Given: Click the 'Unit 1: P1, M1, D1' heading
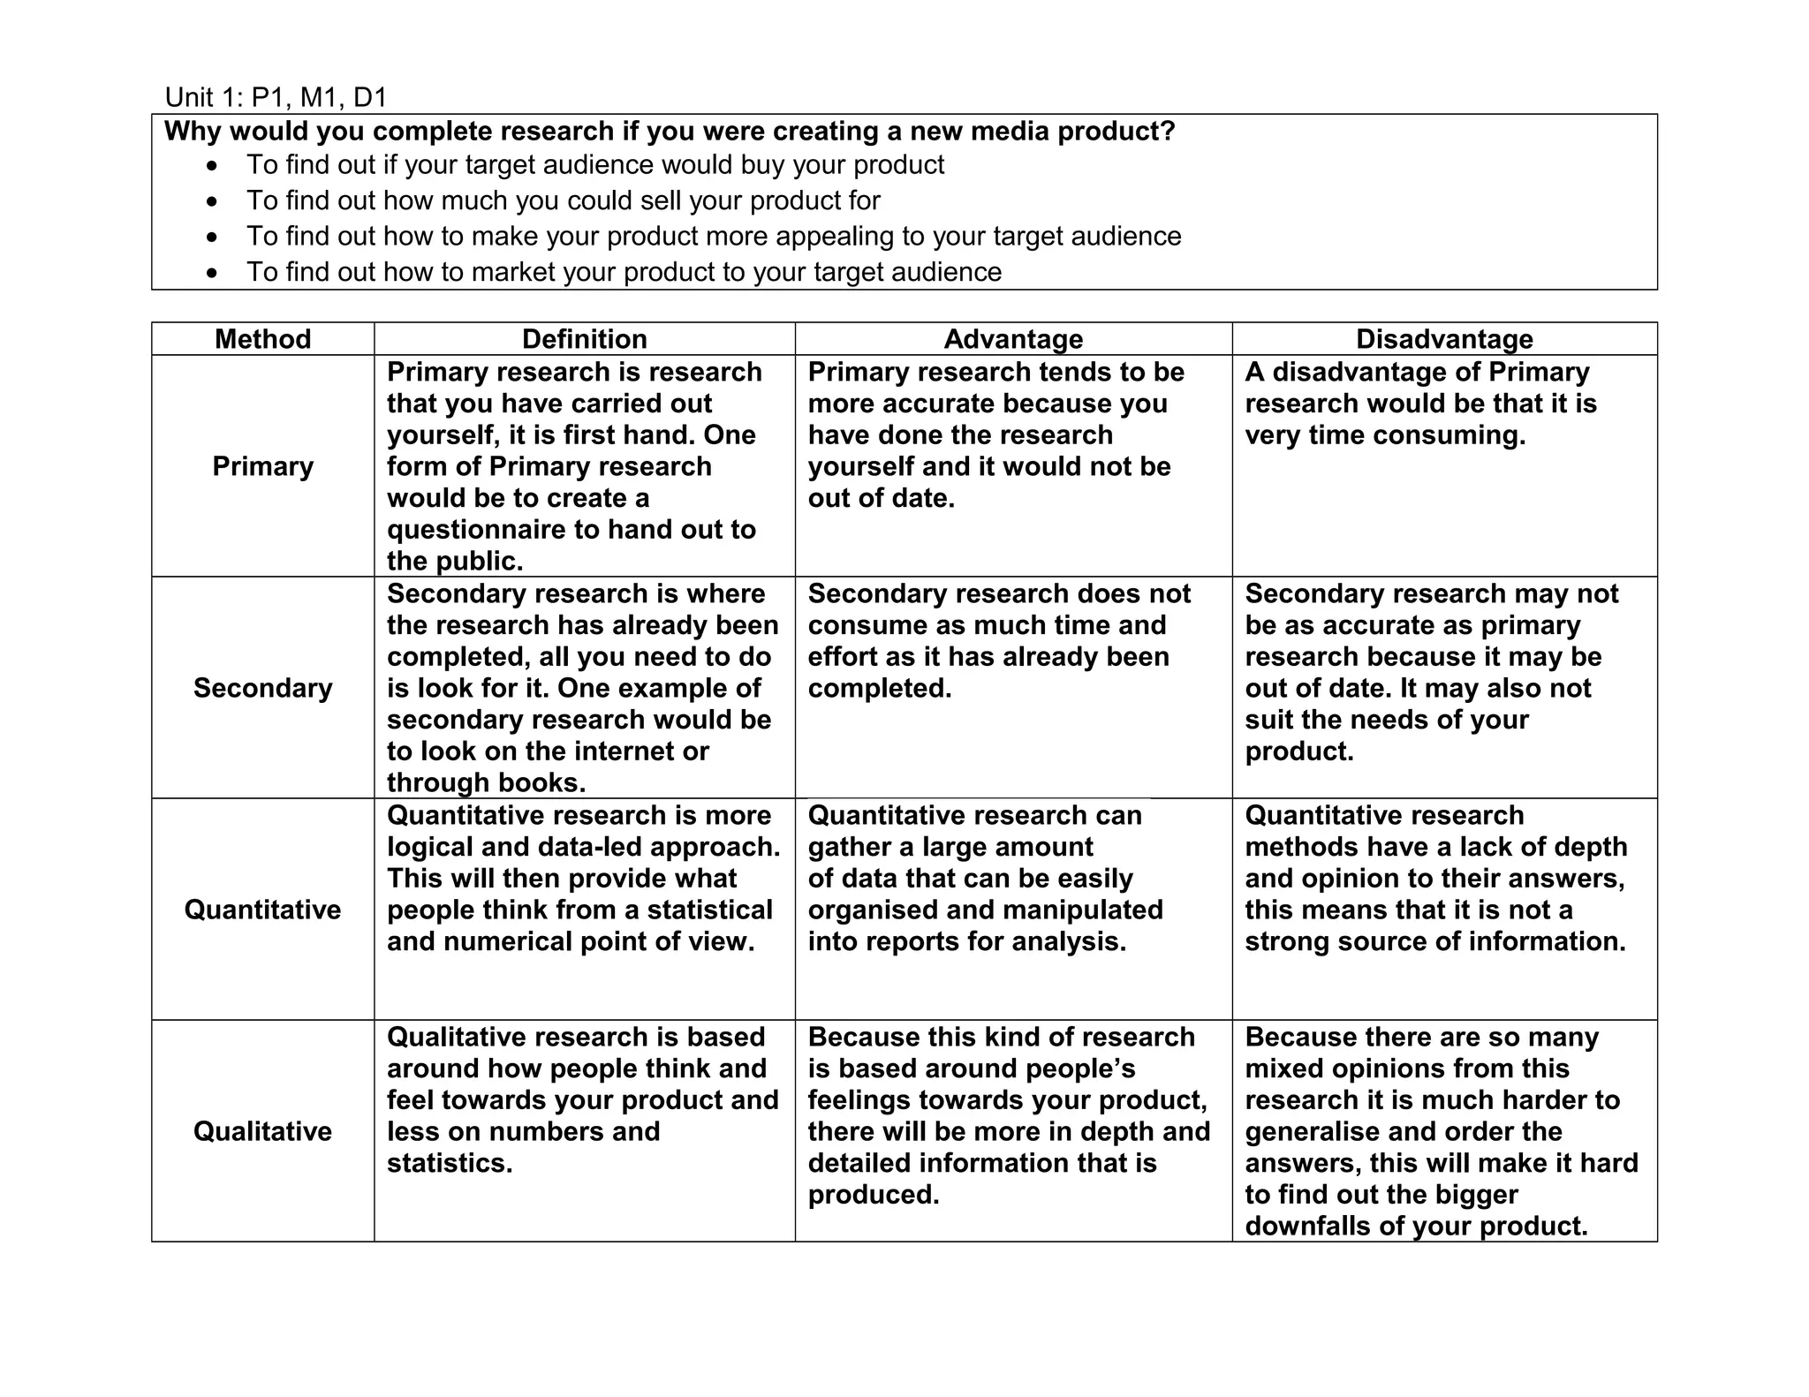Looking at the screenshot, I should [276, 97].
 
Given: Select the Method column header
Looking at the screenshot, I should [262, 339].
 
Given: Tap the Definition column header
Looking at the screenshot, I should [584, 339].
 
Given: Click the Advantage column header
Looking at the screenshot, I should [1013, 339].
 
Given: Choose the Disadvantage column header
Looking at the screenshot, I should [1444, 339].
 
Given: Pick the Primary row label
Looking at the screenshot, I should [262, 466].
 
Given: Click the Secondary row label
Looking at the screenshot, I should [262, 688].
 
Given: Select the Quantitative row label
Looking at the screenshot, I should [262, 910].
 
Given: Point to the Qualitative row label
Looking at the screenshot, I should [262, 1131].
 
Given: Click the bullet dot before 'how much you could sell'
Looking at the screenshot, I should [211, 202].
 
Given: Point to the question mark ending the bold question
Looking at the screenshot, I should [1169, 132].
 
